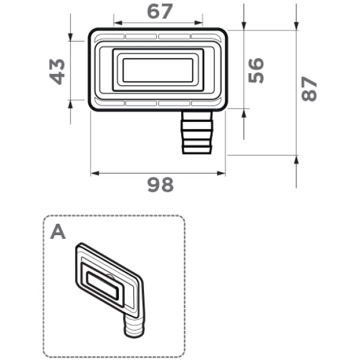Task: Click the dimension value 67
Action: (160, 12)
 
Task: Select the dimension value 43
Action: (57, 71)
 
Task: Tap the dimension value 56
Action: (256, 70)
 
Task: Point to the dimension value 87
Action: (309, 89)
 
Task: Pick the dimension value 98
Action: (160, 185)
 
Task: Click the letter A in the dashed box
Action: (58, 232)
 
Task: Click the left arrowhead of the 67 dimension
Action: (118, 23)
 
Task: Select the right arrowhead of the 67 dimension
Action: (199, 23)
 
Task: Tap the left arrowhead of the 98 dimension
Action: (95, 173)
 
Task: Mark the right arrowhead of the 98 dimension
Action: (221, 173)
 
